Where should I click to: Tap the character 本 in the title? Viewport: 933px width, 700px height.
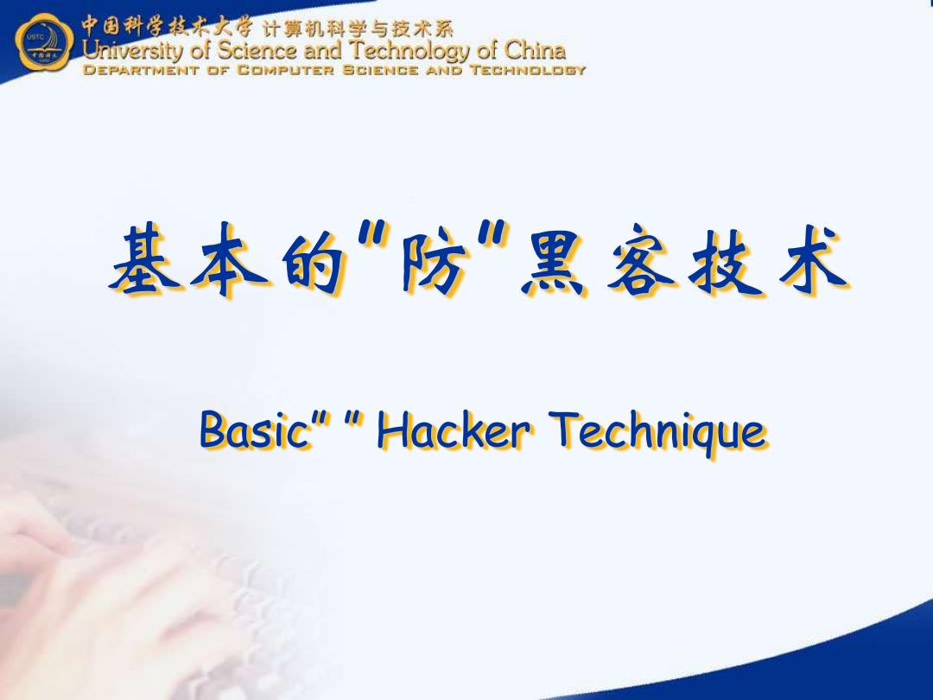click(227, 259)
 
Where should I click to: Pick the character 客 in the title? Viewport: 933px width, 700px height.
click(640, 259)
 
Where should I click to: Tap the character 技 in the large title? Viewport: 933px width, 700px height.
click(724, 259)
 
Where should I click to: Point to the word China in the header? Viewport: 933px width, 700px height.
click(535, 50)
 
